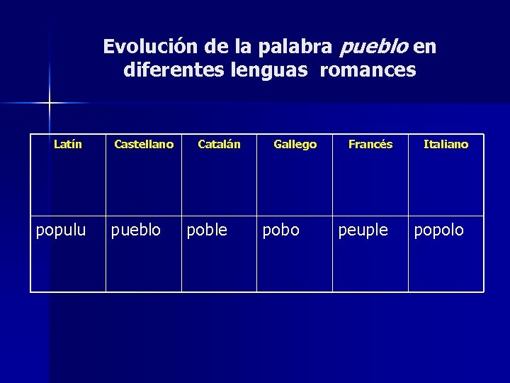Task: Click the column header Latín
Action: pyautogui.click(x=68, y=145)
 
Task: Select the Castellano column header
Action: pyautogui.click(x=144, y=145)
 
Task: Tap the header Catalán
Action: pyautogui.click(x=219, y=145)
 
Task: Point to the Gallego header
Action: pyautogui.click(x=295, y=145)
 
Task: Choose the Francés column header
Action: pyautogui.click(x=370, y=145)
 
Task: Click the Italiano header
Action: pyautogui.click(x=446, y=145)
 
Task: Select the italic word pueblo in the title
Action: pyautogui.click(x=374, y=47)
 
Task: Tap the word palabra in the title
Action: pyautogui.click(x=300, y=47)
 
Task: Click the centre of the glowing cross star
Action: pyautogui.click(x=50, y=104)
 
